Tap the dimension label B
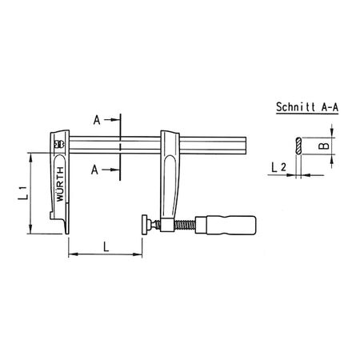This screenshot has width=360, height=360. click(318, 146)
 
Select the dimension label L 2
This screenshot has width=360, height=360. click(278, 166)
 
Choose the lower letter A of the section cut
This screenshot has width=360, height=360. click(95, 170)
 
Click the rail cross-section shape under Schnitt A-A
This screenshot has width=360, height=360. click(297, 147)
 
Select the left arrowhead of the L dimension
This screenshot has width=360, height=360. click(70, 254)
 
